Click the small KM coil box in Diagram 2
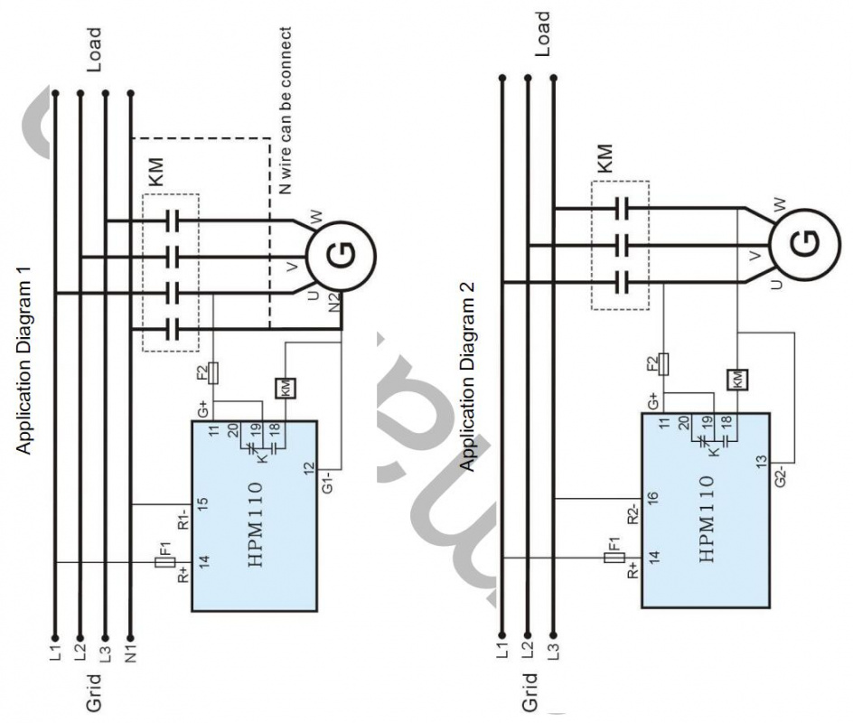tap(736, 379)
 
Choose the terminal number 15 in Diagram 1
tap(204, 502)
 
